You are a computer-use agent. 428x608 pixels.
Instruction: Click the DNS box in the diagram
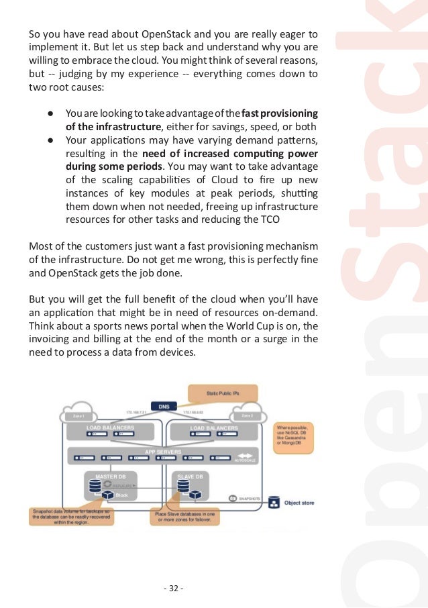point(164,406)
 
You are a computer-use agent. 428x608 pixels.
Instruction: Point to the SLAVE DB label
point(191,476)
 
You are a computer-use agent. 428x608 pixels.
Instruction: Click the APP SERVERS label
point(163,452)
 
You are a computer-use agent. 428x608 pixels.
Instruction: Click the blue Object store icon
point(274,502)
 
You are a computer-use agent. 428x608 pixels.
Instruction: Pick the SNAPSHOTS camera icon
point(233,498)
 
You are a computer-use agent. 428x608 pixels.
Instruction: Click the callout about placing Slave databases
point(184,517)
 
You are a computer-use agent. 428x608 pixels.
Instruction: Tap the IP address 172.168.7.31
point(136,411)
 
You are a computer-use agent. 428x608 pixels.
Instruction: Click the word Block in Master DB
point(121,495)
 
